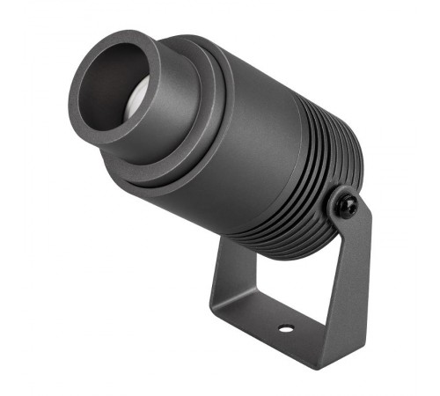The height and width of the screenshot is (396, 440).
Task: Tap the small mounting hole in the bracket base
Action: point(285,329)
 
